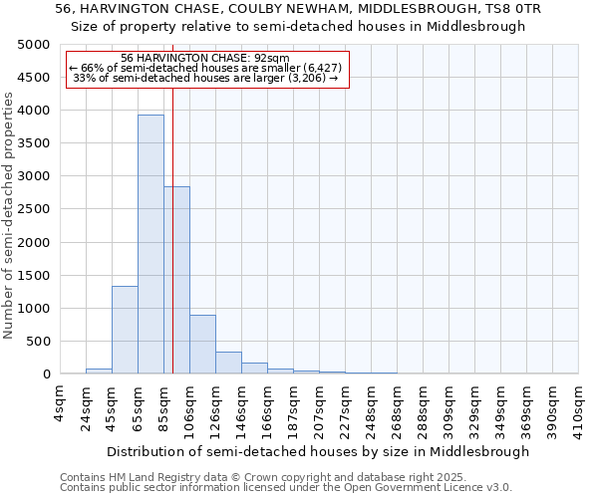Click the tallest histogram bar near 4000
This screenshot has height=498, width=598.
pyautogui.click(x=150, y=244)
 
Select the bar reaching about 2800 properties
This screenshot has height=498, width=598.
pyautogui.click(x=176, y=280)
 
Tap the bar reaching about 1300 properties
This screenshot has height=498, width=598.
pyautogui.click(x=125, y=330)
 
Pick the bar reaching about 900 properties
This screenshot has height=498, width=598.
pyautogui.click(x=202, y=344)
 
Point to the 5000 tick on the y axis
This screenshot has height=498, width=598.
pyautogui.click(x=34, y=45)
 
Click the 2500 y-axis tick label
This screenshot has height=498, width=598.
pyautogui.click(x=34, y=209)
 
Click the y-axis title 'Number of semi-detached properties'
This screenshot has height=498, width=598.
pyautogui.click(x=9, y=215)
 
